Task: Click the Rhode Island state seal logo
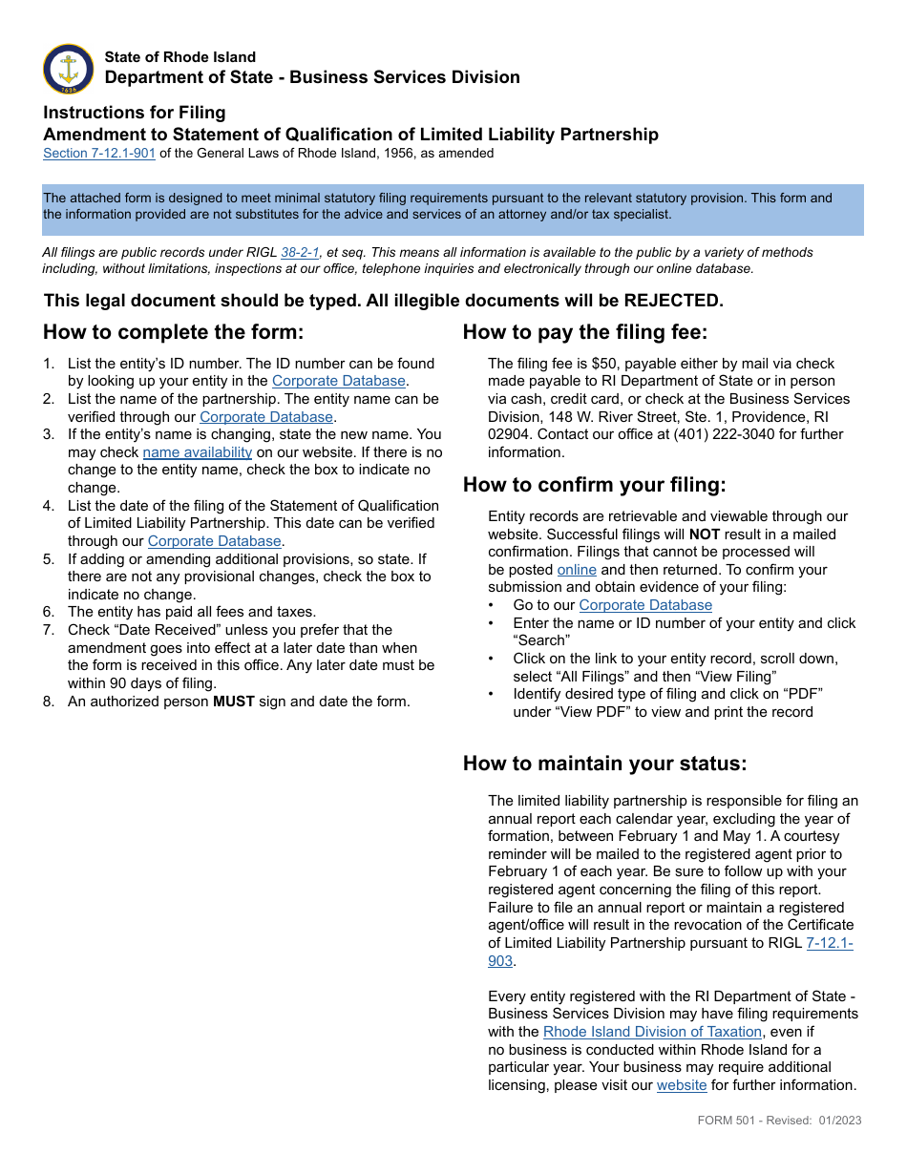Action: tap(69, 69)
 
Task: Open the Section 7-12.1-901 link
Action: tap(99, 153)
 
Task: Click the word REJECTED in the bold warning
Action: tap(673, 301)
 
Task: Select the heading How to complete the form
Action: tap(173, 332)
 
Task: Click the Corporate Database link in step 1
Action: tap(339, 381)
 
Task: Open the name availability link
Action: tap(198, 452)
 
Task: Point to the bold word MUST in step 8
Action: tap(234, 702)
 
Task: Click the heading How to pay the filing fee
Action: tap(585, 332)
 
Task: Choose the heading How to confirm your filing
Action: tap(594, 485)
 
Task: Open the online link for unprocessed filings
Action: tap(577, 570)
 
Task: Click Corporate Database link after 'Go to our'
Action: tap(645, 605)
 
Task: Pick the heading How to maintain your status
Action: tap(604, 764)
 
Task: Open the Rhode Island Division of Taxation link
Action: tap(652, 1032)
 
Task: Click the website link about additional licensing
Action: tap(682, 1085)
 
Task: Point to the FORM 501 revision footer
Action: tap(779, 1120)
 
